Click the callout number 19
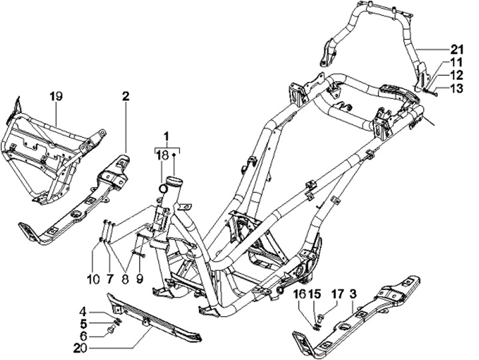click(55, 96)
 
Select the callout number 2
click(124, 96)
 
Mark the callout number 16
click(300, 293)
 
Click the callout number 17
click(338, 293)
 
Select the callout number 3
click(353, 293)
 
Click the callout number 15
click(316, 293)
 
